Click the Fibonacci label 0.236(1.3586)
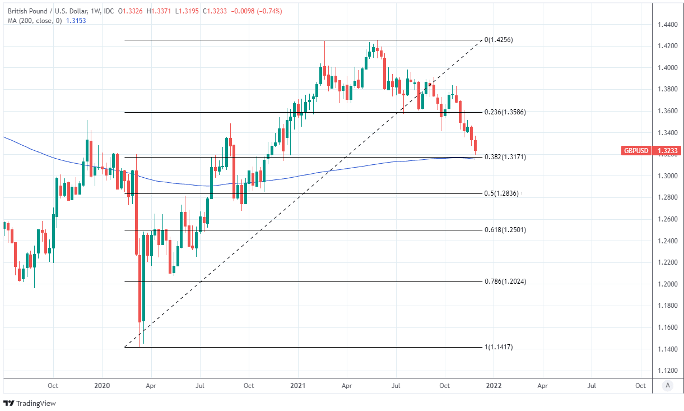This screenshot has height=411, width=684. point(505,112)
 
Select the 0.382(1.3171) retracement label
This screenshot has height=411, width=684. point(505,157)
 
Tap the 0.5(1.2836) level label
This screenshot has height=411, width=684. point(502,193)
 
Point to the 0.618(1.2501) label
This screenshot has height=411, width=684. point(505,230)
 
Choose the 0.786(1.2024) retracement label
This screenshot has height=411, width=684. point(505,281)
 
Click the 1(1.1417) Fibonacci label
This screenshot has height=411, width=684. point(499,347)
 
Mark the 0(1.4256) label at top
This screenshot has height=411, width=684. point(499,40)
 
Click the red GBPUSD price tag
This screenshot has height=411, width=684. point(637,151)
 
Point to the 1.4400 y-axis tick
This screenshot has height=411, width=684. point(667,25)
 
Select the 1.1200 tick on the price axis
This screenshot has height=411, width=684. point(667,371)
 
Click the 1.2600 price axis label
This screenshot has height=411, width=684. point(667,219)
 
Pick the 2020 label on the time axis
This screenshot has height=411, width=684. point(102,386)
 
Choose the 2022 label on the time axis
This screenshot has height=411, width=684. point(494,386)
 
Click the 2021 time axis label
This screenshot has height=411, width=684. point(298,386)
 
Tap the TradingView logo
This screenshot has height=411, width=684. point(30,403)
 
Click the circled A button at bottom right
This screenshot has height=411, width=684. point(667,386)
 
